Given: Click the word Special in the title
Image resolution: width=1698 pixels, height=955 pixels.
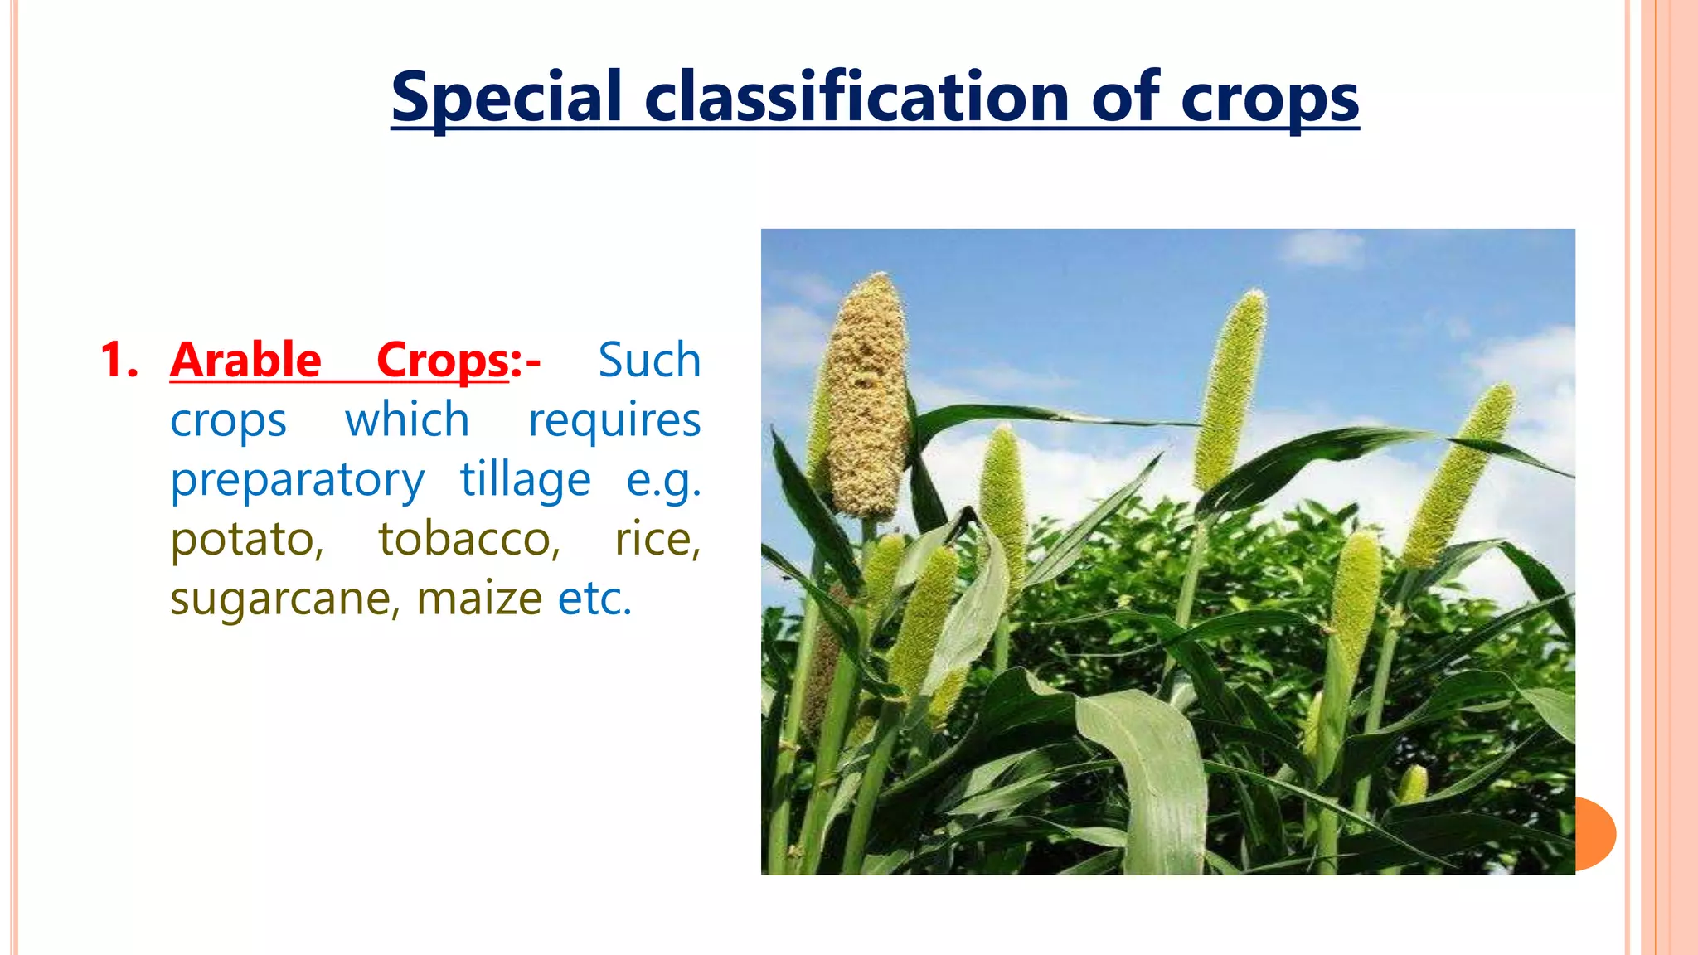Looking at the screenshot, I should (506, 98).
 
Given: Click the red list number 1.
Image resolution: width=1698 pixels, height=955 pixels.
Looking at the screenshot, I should (117, 361).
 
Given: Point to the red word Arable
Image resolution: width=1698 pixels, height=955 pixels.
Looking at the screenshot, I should (245, 361).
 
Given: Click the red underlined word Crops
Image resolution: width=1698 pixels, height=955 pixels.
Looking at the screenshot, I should (443, 361).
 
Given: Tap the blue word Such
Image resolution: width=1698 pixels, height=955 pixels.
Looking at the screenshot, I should (649, 361).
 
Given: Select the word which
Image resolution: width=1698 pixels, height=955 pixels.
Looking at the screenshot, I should (407, 419).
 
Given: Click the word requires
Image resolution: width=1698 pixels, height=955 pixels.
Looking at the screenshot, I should (614, 421).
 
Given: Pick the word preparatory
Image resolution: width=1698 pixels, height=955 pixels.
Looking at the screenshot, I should (297, 481).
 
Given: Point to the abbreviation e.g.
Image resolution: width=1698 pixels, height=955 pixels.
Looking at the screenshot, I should (663, 481).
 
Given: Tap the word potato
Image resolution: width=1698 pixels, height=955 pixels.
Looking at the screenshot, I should (246, 540).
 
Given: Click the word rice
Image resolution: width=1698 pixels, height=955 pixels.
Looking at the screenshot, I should (657, 540).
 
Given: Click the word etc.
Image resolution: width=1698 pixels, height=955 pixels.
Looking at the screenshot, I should (594, 599).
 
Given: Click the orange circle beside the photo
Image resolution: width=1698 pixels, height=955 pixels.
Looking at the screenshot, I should (1596, 833).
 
